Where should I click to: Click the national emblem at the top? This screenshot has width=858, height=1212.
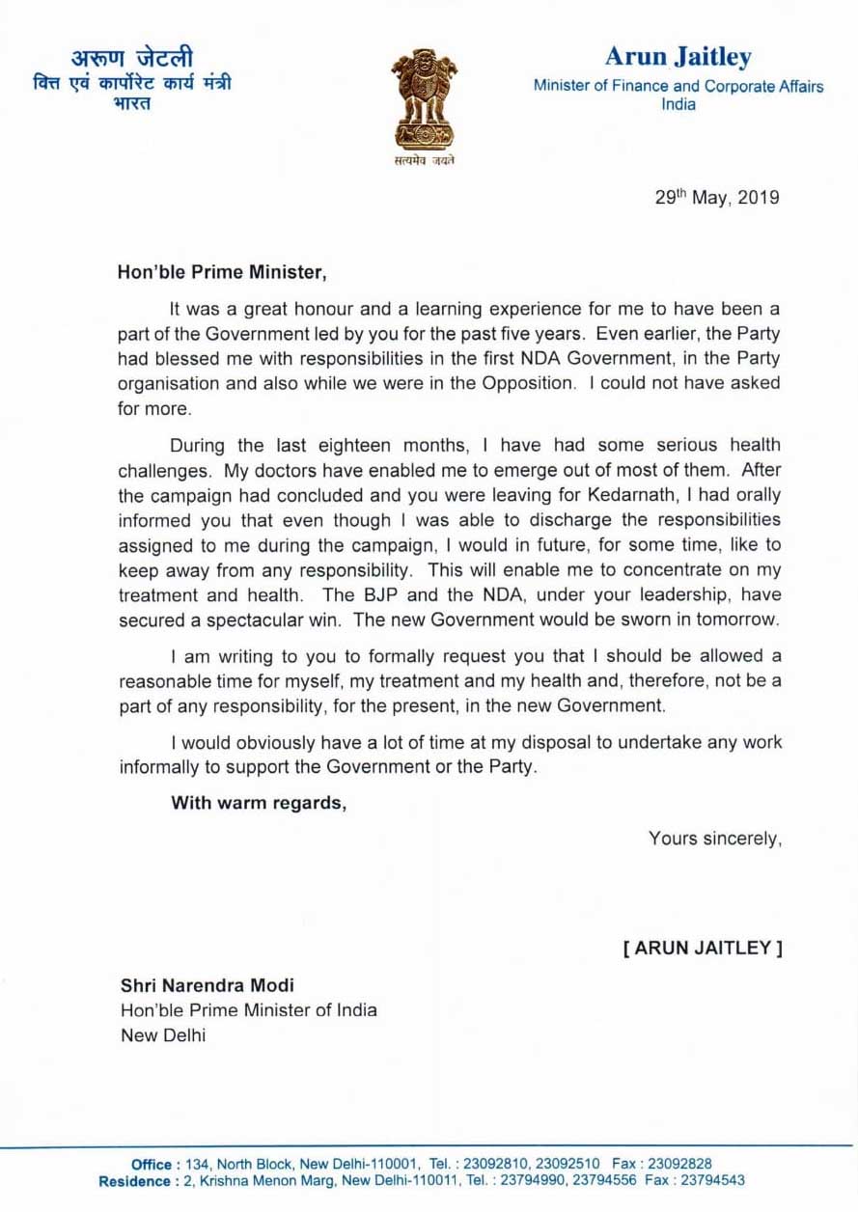[425, 106]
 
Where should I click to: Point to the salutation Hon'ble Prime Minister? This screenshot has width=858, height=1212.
[223, 273]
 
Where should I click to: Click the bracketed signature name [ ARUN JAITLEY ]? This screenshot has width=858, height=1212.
[702, 948]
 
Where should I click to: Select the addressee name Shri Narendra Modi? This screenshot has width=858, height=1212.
[208, 985]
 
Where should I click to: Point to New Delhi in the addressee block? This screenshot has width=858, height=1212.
[163, 1035]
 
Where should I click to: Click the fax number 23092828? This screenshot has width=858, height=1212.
[678, 1164]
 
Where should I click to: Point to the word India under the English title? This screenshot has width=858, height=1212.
[678, 103]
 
